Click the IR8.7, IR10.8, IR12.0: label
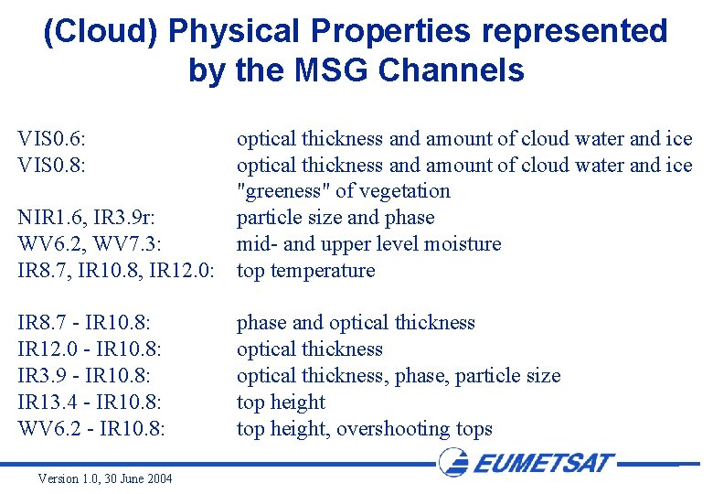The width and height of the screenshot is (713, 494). (115, 271)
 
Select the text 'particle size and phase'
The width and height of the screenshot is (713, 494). (335, 218)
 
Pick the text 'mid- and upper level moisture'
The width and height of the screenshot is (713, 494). (368, 244)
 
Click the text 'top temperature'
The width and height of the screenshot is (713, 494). (305, 271)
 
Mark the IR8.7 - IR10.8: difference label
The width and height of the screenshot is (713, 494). (84, 323)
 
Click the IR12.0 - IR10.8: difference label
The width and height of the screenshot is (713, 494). (88, 349)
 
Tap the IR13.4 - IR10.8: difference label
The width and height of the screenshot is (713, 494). (88, 403)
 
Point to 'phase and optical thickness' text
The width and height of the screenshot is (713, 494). (356, 323)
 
